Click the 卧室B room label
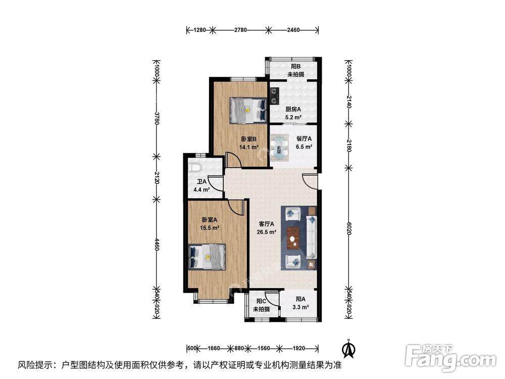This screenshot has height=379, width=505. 248,139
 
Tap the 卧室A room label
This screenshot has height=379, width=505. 209,220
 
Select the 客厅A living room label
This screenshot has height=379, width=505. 267,224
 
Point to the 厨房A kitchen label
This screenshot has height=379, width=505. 293,109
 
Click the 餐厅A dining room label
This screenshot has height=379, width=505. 304,139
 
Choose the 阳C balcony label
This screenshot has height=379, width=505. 261,301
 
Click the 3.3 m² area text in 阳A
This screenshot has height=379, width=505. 302,307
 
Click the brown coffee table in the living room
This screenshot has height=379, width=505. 293,238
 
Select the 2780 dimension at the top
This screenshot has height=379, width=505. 240,30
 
